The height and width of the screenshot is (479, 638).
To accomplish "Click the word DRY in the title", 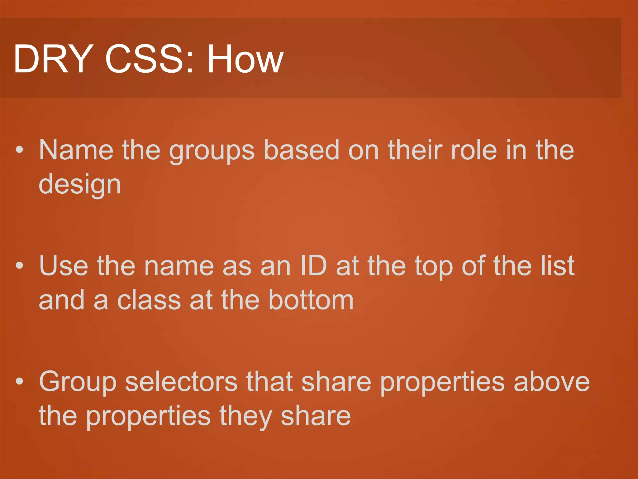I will (49, 59).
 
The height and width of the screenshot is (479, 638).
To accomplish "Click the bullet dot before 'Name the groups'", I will (19, 150).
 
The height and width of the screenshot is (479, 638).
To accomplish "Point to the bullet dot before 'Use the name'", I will (19, 266).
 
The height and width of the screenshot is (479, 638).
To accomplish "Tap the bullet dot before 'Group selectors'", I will (19, 381).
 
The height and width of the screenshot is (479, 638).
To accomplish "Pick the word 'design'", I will (80, 185).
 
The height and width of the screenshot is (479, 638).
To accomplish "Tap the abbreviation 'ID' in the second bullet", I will (313, 266).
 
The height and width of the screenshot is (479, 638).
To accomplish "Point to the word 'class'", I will (149, 300).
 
